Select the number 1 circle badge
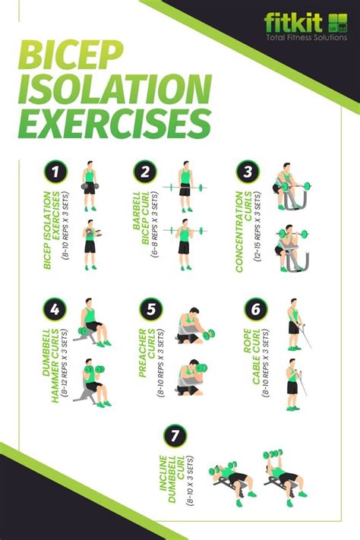click(x=52, y=172)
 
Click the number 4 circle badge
click(x=52, y=310)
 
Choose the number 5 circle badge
click(x=150, y=310)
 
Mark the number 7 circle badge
click(x=174, y=435)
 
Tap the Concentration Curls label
click(x=243, y=228)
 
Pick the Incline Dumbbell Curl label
click(x=172, y=478)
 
